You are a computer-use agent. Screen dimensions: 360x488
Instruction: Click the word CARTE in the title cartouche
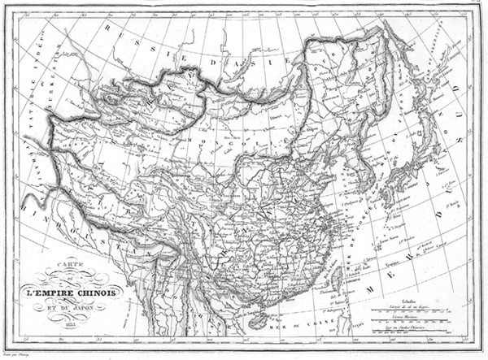[58, 276]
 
